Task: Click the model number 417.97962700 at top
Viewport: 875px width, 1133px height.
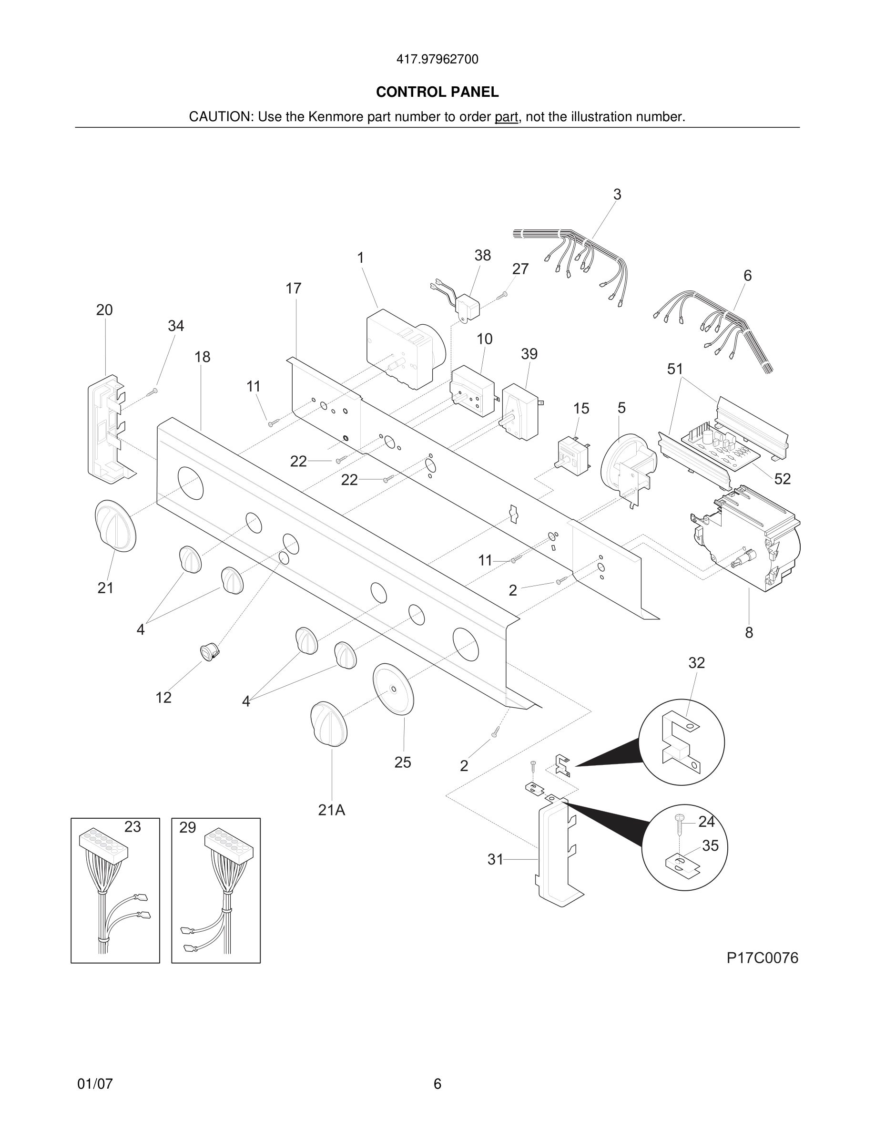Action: point(437,60)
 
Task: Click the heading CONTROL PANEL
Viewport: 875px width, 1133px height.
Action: point(437,92)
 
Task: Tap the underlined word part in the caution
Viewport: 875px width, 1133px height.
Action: point(506,117)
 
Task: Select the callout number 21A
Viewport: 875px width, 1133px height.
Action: point(331,810)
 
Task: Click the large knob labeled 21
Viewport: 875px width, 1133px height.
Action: point(115,525)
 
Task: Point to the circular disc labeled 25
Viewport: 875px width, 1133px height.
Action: point(394,689)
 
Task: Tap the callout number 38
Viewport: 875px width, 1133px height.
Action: point(482,255)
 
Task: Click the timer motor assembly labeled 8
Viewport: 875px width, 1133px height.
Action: point(746,545)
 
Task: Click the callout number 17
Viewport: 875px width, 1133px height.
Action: point(294,288)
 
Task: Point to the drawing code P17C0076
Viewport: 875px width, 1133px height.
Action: point(762,958)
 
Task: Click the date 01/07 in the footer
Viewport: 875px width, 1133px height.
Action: point(95,1084)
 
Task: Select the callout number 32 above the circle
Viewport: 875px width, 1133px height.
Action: point(696,663)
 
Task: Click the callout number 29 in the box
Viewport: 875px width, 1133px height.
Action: point(188,827)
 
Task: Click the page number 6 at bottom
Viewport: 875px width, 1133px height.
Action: point(437,1084)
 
